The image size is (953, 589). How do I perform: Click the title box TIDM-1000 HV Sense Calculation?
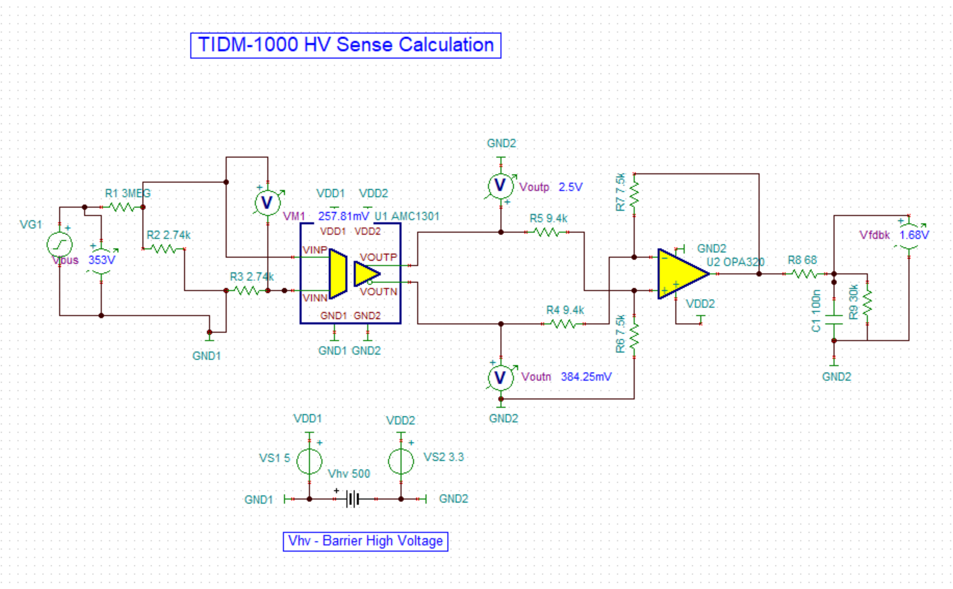[346, 45]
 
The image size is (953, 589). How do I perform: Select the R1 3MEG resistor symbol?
[122, 207]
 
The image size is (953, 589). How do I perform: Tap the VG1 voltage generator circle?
[60, 245]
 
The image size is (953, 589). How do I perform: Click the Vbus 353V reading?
[102, 260]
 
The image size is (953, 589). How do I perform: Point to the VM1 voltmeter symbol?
[267, 203]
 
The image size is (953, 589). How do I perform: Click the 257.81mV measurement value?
[343, 216]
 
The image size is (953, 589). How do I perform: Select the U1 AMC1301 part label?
[407, 216]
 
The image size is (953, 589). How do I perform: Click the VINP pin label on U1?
[315, 250]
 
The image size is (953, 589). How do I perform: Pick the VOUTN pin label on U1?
[378, 291]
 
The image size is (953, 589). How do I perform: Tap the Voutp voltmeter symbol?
[500, 186]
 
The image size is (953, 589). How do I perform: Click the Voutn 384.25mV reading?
[586, 377]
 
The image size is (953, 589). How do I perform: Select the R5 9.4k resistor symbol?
[546, 232]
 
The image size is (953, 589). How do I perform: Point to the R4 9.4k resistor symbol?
[563, 323]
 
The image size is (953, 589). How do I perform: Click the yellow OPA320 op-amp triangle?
[681, 274]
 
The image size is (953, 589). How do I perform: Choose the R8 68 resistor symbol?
[804, 274]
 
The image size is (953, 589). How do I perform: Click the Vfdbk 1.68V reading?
[914, 235]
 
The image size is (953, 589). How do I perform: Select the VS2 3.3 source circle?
[401, 461]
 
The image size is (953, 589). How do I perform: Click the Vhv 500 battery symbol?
[353, 499]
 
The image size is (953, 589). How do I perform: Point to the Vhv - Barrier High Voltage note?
[366, 541]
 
